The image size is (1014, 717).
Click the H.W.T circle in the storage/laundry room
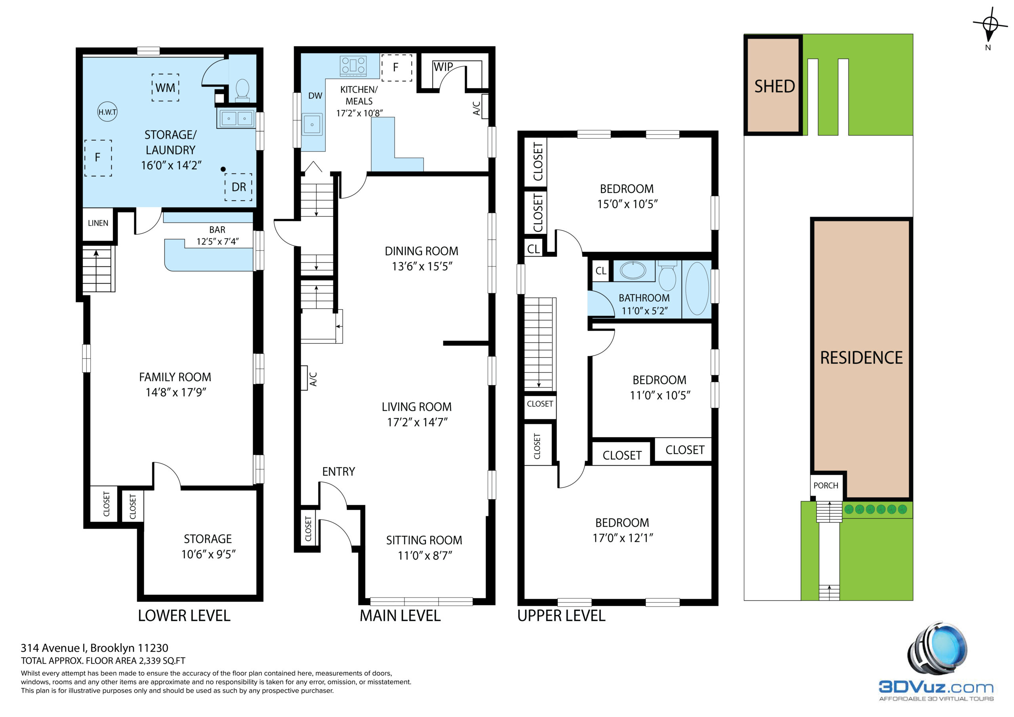(107, 112)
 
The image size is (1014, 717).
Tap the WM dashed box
(166, 87)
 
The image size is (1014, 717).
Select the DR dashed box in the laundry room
(238, 187)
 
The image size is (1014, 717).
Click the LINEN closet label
(98, 223)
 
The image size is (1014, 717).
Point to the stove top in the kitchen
(353, 65)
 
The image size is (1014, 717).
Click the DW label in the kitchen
(315, 96)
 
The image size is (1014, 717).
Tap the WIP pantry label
(443, 67)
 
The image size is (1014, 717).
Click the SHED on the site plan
(774, 85)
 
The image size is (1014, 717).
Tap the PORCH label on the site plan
(826, 486)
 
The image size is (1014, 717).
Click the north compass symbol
(991, 25)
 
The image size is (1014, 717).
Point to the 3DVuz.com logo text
(936, 687)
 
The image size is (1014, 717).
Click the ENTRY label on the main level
(339, 472)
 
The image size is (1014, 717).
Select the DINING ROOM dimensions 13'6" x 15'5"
(422, 266)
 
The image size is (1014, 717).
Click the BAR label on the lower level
(217, 230)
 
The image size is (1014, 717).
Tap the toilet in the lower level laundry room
(242, 89)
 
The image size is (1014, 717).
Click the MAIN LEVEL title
(400, 616)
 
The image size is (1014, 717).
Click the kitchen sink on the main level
(312, 124)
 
